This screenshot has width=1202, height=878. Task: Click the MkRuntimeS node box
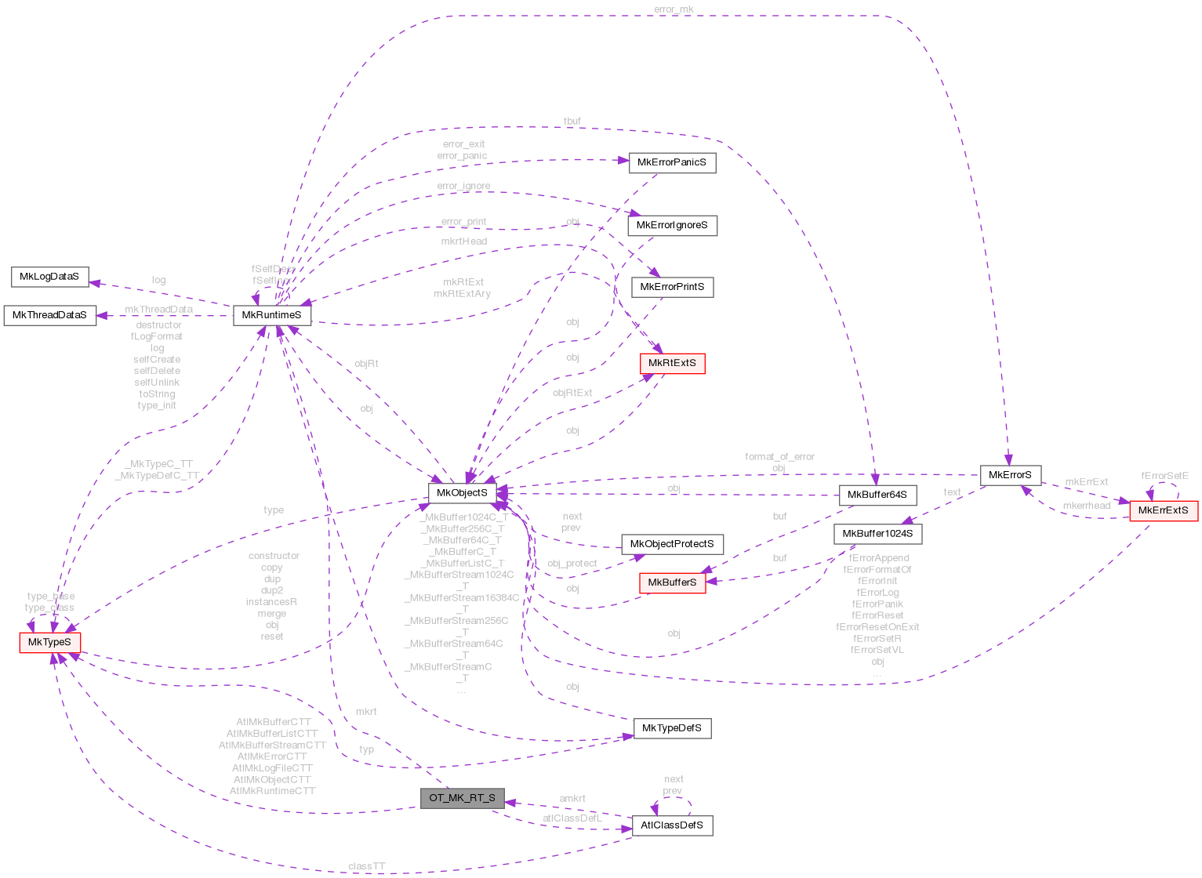[x=272, y=315]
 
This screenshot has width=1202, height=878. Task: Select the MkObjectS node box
[x=462, y=493]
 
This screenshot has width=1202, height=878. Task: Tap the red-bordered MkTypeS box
[x=49, y=642]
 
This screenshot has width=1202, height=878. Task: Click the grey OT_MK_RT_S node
[x=462, y=798]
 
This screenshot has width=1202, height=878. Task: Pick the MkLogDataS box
[x=49, y=277]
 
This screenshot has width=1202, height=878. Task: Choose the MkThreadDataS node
[x=49, y=315]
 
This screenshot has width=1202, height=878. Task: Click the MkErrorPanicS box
[x=672, y=163]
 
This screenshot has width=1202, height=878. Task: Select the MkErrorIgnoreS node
[x=672, y=226]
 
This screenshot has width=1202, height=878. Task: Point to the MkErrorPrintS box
[x=672, y=287]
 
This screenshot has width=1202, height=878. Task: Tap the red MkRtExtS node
[x=672, y=364]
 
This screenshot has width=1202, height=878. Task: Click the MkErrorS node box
[x=1010, y=475]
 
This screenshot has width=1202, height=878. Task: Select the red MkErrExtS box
[x=1163, y=510]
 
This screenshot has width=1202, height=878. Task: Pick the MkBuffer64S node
[x=877, y=495]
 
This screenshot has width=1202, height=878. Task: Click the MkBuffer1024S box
[x=877, y=534]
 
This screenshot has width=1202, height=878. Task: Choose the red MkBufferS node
[x=672, y=582]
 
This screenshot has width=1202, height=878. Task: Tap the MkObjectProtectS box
[x=672, y=544]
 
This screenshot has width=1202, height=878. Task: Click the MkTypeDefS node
[x=672, y=728]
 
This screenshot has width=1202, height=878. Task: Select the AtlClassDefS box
[x=672, y=825]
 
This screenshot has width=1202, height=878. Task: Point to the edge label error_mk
[x=674, y=9]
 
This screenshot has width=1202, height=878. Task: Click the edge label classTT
[x=367, y=866]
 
